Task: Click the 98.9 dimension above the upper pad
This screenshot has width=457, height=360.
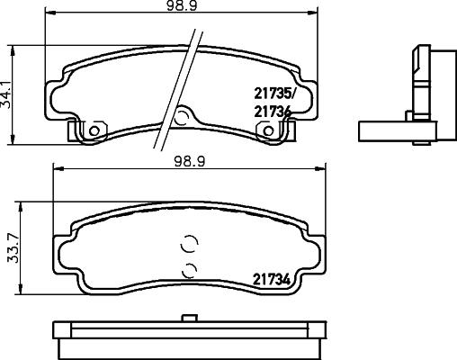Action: pos(186,7)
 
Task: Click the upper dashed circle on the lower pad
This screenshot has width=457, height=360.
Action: pos(189,243)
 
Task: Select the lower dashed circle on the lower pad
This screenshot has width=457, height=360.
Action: pos(188,269)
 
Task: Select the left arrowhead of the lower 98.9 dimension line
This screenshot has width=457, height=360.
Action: pos(56,169)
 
